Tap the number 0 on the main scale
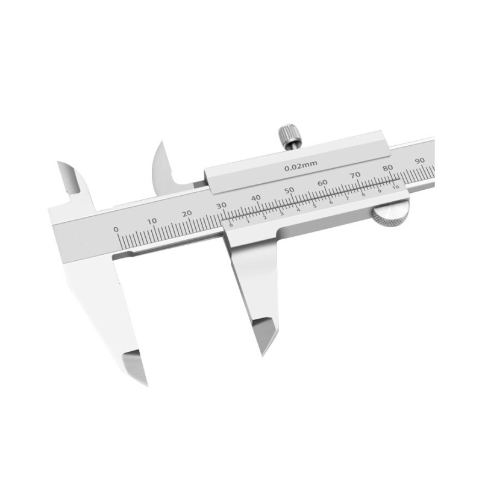(x=116, y=229)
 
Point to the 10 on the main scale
(x=152, y=221)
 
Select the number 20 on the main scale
(x=187, y=213)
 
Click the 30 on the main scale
(x=222, y=205)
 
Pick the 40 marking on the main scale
(x=255, y=198)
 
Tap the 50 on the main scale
(x=289, y=190)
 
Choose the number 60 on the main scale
(x=322, y=183)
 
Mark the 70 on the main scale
(x=355, y=175)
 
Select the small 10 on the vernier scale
(x=396, y=187)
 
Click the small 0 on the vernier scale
(x=231, y=224)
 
